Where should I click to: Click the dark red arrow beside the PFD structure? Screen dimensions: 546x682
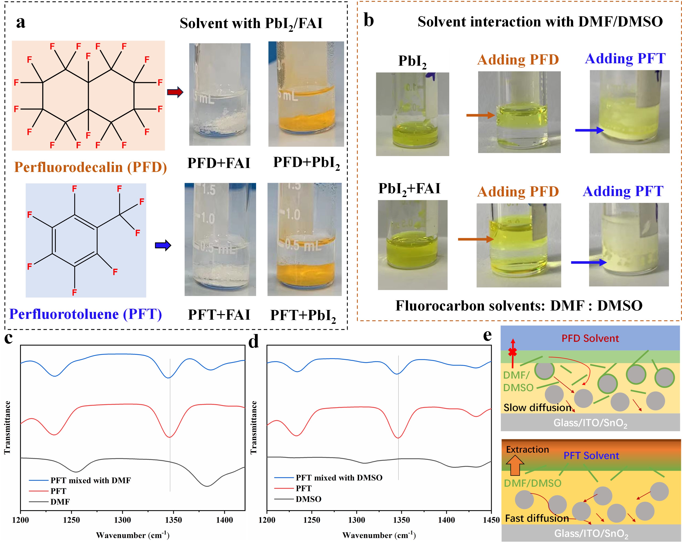pyautogui.click(x=175, y=92)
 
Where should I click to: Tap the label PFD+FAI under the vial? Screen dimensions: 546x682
pyautogui.click(x=219, y=163)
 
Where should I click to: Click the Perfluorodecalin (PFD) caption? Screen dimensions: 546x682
pyautogui.click(x=90, y=167)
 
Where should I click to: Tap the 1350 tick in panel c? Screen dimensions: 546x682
pyautogui.click(x=173, y=520)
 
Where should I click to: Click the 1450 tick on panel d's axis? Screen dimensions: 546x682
pyautogui.click(x=491, y=520)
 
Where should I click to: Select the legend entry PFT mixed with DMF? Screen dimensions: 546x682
pyautogui.click(x=90, y=481)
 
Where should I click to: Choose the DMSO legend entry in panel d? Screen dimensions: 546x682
pyautogui.click(x=308, y=499)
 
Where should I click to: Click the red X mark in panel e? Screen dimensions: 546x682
pyautogui.click(x=513, y=352)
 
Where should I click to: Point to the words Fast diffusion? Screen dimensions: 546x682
pyautogui.click(x=537, y=519)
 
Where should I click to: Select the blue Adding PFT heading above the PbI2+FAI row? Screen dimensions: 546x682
pyautogui.click(x=623, y=191)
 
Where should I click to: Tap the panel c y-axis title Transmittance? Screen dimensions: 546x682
pyautogui.click(x=7, y=427)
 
